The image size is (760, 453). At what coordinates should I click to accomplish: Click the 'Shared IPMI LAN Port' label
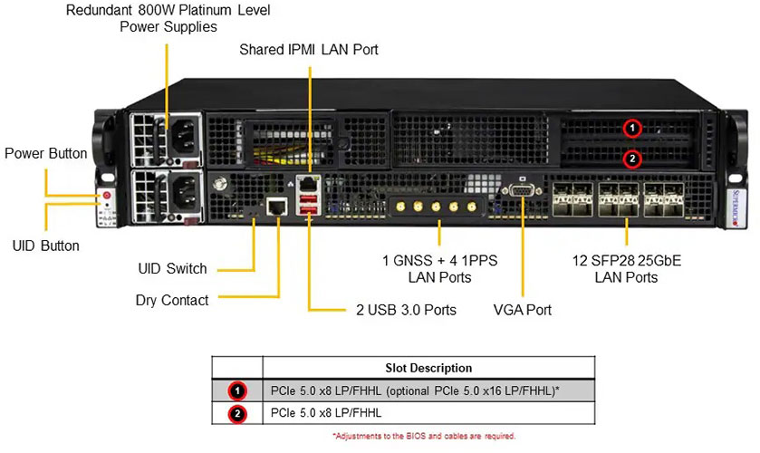(308, 49)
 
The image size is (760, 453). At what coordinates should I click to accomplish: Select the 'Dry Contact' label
(172, 300)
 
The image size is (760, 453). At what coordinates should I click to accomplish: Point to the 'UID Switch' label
(172, 268)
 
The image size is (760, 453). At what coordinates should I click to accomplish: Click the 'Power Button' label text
(45, 153)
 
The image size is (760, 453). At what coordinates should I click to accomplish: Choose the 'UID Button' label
(45, 246)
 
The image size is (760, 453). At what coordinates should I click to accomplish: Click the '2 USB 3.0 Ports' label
(405, 310)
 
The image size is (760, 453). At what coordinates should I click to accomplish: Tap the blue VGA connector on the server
(524, 192)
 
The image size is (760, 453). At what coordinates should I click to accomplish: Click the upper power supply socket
(181, 137)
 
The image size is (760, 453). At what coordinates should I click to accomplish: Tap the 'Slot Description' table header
(428, 368)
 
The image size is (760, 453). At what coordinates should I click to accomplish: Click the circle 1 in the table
(237, 391)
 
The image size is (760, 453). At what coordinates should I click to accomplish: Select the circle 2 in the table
(237, 413)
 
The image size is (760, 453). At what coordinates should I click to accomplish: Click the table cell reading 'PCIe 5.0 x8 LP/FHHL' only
(326, 413)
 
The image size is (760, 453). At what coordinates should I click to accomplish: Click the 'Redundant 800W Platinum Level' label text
(168, 11)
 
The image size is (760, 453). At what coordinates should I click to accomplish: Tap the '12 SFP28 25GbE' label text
(625, 261)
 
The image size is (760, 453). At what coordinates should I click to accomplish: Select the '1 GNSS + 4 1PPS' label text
(439, 261)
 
